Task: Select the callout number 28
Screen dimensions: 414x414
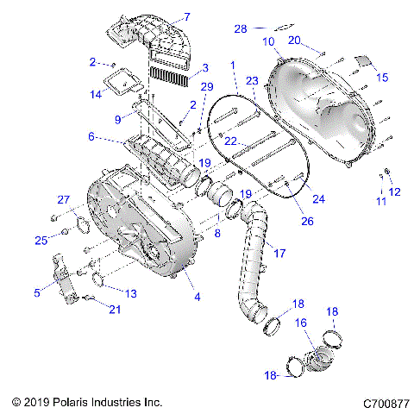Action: [241, 28]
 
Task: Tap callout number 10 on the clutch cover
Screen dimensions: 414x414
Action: [268, 41]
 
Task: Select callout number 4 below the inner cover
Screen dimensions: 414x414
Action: [198, 298]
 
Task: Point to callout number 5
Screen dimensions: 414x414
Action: [37, 293]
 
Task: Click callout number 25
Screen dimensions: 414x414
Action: [40, 239]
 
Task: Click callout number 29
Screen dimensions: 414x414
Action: [205, 87]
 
